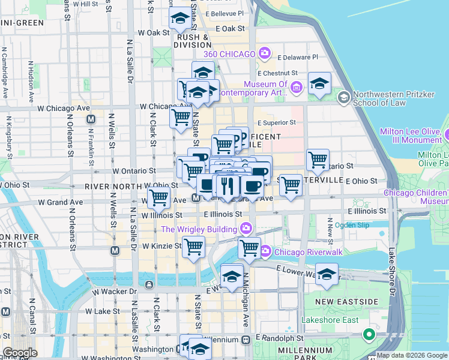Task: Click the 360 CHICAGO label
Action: pyautogui.click(x=230, y=54)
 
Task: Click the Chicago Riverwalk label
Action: pyautogui.click(x=309, y=252)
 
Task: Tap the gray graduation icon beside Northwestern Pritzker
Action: pyautogui.click(x=344, y=97)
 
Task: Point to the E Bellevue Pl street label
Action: pyautogui.click(x=224, y=13)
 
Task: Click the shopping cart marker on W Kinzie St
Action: pyautogui.click(x=194, y=246)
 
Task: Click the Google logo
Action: pyautogui.click(x=20, y=353)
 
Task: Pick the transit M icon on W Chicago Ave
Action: pyautogui.click(x=91, y=119)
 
